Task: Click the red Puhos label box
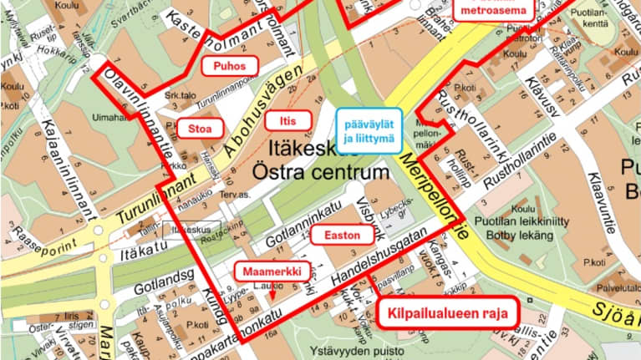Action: click(229, 66)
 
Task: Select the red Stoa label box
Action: click(194, 128)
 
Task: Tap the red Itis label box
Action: click(288, 120)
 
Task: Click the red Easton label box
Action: click(343, 236)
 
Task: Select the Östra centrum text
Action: click(321, 175)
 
